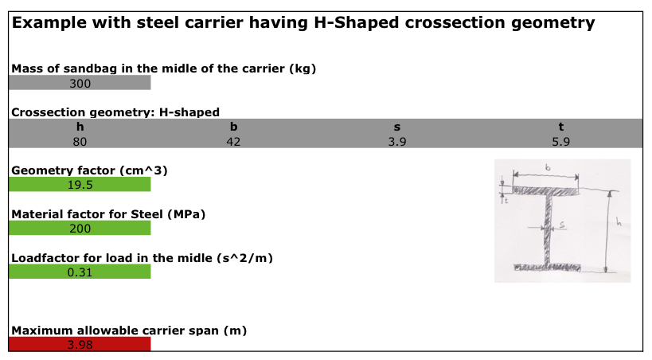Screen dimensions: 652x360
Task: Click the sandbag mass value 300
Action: pos(80,84)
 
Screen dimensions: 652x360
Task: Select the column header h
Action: pos(80,127)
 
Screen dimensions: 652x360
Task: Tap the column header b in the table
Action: pos(233,127)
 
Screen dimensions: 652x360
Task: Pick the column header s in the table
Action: pos(397,127)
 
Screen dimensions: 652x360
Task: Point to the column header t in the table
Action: pos(561,127)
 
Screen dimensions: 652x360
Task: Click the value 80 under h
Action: pos(80,142)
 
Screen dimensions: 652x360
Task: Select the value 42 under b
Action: pos(233,142)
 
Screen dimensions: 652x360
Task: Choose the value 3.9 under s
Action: pos(397,142)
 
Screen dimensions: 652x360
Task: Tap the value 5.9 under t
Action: pos(561,142)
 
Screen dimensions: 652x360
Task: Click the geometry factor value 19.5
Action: pos(80,185)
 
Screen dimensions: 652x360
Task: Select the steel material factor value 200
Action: pos(80,229)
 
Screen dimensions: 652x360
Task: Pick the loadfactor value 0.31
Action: pos(80,272)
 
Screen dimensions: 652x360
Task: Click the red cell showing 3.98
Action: pos(80,344)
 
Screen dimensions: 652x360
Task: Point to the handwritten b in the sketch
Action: pos(548,167)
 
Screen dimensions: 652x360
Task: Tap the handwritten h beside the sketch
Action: pos(619,222)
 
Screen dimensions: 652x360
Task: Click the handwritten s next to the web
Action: pos(562,225)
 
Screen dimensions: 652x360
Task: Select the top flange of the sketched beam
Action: pos(545,191)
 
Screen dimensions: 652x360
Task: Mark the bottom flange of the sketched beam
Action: pos(547,267)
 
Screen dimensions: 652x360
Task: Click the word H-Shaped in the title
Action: pos(357,22)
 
